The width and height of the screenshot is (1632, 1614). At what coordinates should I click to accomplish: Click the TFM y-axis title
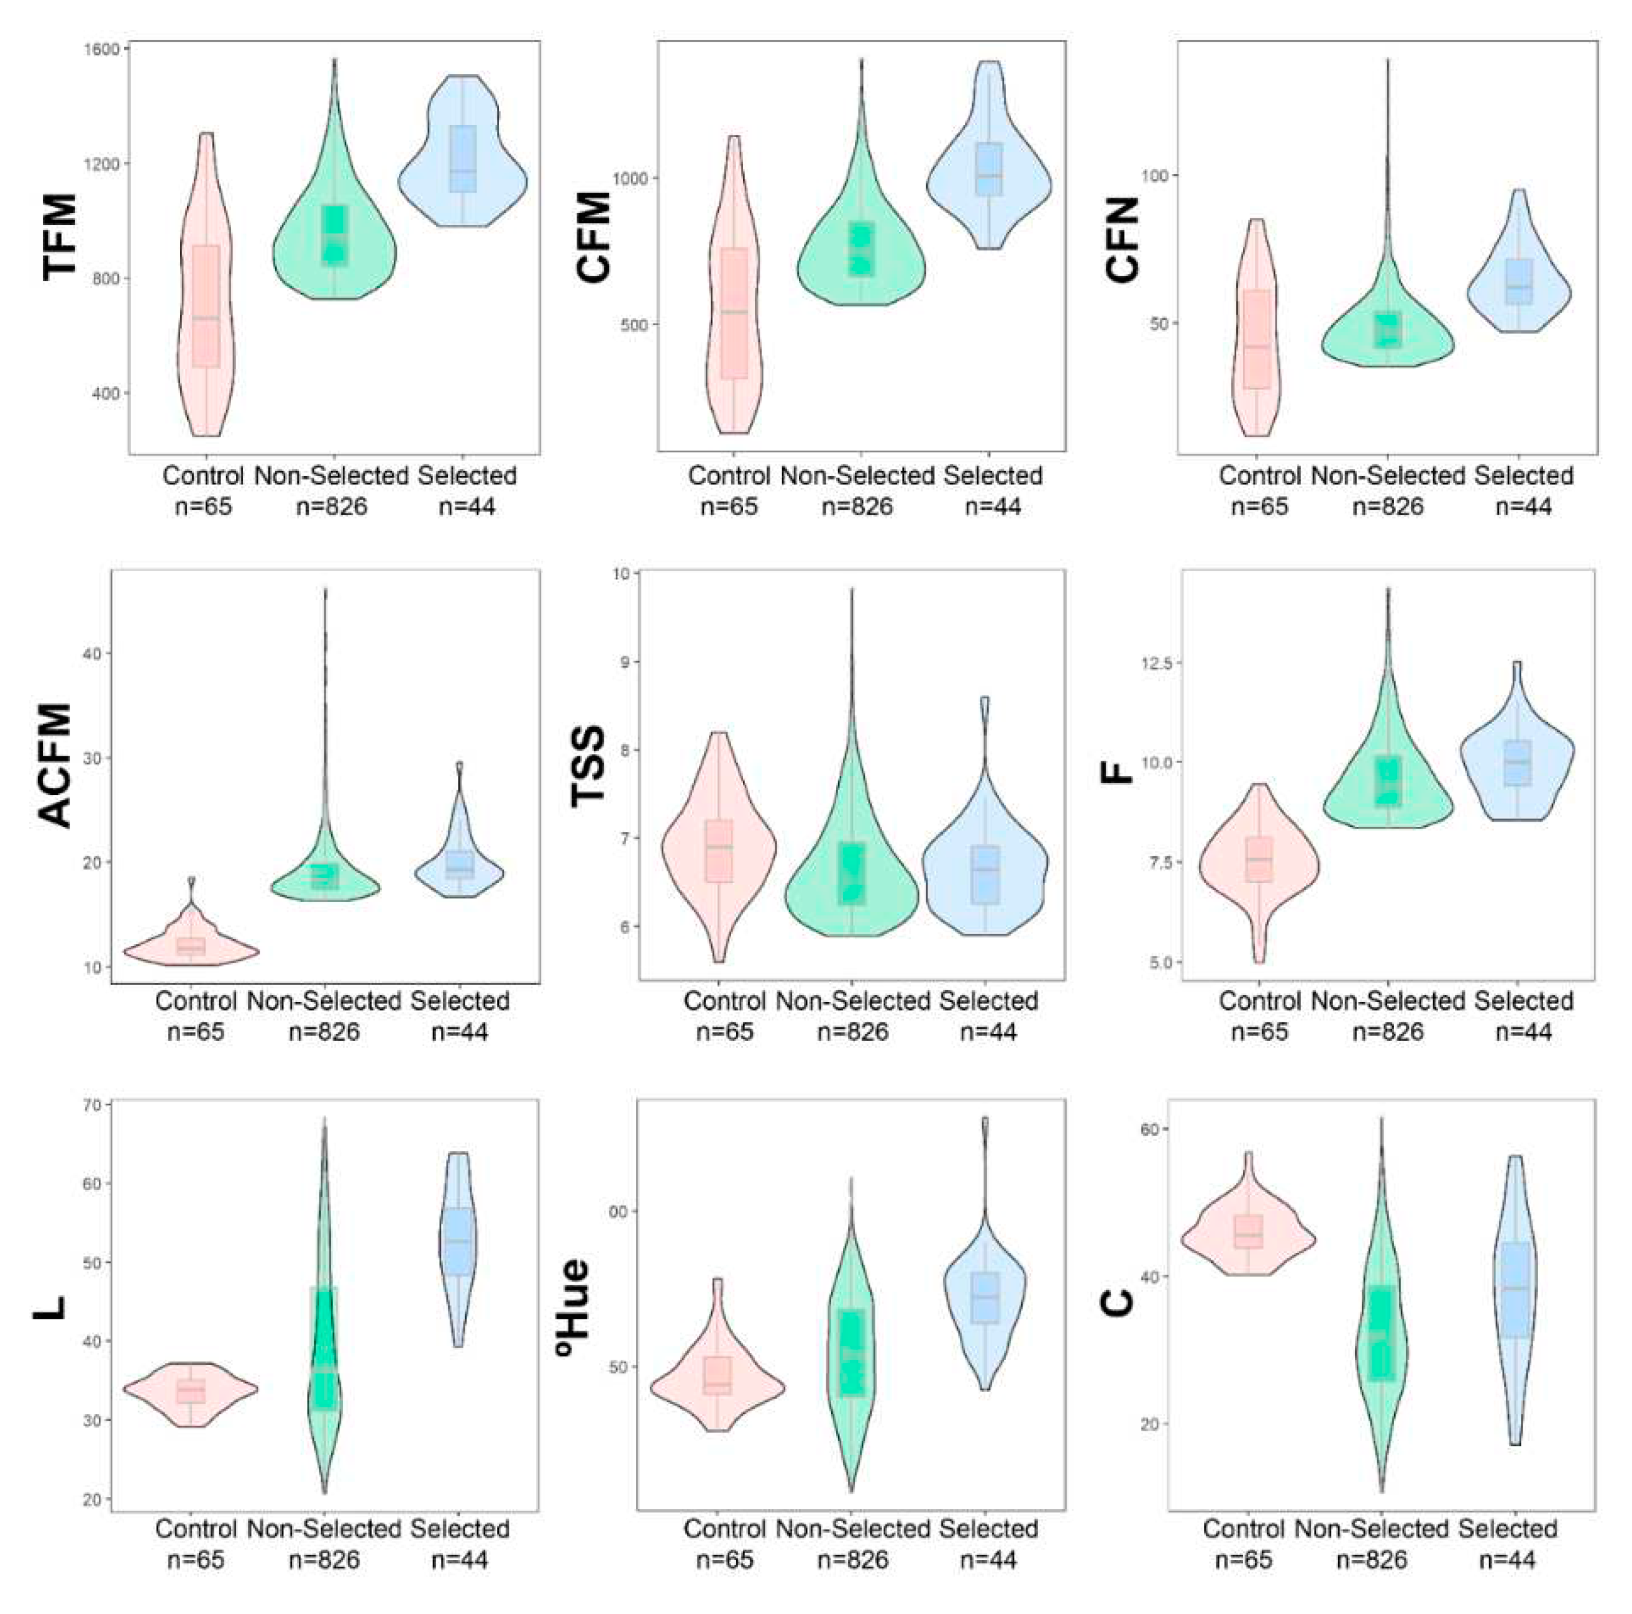click(59, 237)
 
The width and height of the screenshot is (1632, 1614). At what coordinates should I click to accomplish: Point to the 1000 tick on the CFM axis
click(632, 178)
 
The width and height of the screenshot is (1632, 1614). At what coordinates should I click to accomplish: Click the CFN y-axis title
click(1123, 240)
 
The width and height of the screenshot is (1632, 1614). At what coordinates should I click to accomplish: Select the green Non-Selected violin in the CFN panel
click(1387, 338)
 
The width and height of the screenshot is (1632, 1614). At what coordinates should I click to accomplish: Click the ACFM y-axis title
click(56, 766)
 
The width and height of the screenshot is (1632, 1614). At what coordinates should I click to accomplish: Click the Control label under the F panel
click(1259, 1001)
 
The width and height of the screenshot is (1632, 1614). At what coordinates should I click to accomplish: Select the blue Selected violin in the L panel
click(458, 1242)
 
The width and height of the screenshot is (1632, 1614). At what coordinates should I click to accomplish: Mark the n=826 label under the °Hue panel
click(852, 1560)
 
